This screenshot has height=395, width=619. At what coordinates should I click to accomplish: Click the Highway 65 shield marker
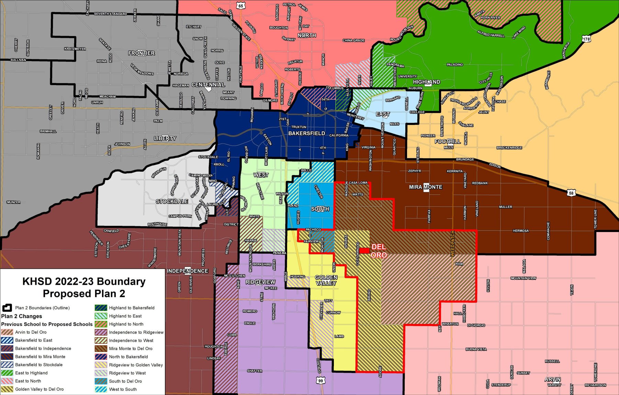(x=240, y=6)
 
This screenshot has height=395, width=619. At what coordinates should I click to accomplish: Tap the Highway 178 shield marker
(x=586, y=39)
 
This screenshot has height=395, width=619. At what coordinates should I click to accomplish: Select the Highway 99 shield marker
(x=320, y=381)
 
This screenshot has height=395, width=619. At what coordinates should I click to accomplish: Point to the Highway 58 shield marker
(x=571, y=193)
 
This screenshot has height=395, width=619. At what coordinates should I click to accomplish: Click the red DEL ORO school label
(x=379, y=251)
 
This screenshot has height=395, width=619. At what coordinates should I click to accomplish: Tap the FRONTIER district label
(x=141, y=53)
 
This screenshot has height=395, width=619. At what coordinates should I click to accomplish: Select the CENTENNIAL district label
(x=208, y=85)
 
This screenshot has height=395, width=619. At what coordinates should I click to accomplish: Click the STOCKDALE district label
(x=172, y=201)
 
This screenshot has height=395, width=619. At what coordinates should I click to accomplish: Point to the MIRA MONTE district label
(x=426, y=187)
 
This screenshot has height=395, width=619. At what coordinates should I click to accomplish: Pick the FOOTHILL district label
(x=448, y=141)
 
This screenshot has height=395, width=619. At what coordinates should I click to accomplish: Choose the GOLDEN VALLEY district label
(x=326, y=280)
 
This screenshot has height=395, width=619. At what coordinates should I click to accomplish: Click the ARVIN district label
(x=552, y=380)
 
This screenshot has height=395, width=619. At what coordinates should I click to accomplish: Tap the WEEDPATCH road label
(x=452, y=244)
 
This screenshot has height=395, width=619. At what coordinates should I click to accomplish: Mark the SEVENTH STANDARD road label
(x=110, y=14)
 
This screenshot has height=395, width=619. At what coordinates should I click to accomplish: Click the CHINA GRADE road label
(x=353, y=40)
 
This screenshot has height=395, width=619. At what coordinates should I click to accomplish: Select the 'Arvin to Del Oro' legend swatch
(x=7, y=332)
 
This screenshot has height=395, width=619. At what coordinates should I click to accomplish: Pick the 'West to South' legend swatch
(x=101, y=389)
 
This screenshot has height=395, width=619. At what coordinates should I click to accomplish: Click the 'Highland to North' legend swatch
(x=101, y=324)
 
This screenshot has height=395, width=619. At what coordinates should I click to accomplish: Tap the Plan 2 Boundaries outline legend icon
(x=7, y=308)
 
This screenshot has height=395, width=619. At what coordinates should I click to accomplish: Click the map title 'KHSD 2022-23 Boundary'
(x=84, y=281)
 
